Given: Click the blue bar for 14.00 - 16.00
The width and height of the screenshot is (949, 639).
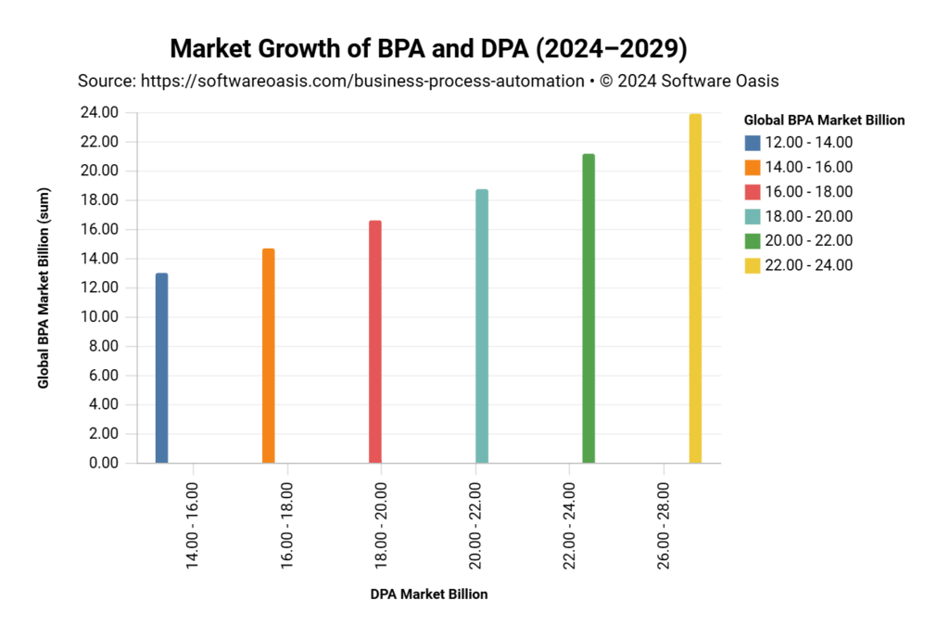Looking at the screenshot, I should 161,368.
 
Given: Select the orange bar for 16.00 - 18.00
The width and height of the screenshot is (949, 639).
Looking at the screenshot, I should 268,356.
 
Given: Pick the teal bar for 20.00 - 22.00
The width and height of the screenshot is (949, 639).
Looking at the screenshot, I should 482,326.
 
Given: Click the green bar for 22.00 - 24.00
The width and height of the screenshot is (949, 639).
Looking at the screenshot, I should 588,309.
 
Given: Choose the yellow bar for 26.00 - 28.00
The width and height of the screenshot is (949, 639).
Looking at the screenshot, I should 695,288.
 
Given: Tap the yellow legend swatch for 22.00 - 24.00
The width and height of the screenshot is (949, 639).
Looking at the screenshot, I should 753,265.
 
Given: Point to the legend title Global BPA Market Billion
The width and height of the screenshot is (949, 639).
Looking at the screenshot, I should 824,120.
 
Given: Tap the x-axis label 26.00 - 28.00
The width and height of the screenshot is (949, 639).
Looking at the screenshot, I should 665,525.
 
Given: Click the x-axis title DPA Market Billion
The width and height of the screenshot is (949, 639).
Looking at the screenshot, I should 428,594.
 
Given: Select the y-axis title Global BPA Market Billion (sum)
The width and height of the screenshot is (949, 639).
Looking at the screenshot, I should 44,288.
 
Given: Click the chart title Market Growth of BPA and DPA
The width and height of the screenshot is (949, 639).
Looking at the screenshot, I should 428,48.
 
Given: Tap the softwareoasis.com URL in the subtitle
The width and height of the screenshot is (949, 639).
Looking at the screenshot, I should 361,82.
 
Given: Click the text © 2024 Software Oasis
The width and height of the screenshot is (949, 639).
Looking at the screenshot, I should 689,82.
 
